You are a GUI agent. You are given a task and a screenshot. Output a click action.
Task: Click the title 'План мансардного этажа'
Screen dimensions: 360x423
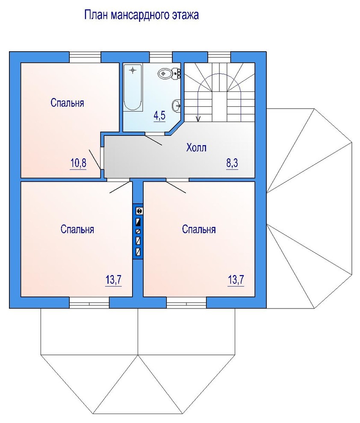142,15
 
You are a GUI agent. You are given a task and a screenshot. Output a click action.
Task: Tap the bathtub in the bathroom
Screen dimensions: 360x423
133,88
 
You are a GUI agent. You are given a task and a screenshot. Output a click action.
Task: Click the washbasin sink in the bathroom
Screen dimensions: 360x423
176,104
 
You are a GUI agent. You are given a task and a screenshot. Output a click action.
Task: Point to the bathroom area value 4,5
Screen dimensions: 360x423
159,115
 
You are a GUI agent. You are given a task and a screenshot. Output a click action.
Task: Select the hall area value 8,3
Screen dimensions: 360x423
232,163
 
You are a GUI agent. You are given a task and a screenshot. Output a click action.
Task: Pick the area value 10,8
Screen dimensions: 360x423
78,163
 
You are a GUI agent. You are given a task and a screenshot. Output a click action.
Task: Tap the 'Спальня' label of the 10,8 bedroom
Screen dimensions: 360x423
67,103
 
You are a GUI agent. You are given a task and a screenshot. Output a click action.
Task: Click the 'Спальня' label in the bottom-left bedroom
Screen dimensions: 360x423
77,229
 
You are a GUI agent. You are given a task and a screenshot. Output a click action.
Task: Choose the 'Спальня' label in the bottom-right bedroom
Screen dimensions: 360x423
199,229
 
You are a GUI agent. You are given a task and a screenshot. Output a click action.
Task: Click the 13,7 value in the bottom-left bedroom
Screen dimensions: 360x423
114,280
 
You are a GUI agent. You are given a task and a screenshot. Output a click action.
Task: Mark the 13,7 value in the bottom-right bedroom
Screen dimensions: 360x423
236,280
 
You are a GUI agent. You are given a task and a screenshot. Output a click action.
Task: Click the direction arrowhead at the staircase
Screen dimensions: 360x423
199,119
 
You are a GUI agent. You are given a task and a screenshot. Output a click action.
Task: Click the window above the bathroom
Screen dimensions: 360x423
161,57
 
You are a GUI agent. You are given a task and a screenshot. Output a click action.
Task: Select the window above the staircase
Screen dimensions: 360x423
219,57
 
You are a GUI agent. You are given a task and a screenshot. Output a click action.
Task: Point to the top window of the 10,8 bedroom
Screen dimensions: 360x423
85,57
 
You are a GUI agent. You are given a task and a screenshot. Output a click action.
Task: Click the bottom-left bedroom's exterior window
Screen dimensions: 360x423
89,303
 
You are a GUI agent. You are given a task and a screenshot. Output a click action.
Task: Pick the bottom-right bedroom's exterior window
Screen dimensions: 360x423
186,303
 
